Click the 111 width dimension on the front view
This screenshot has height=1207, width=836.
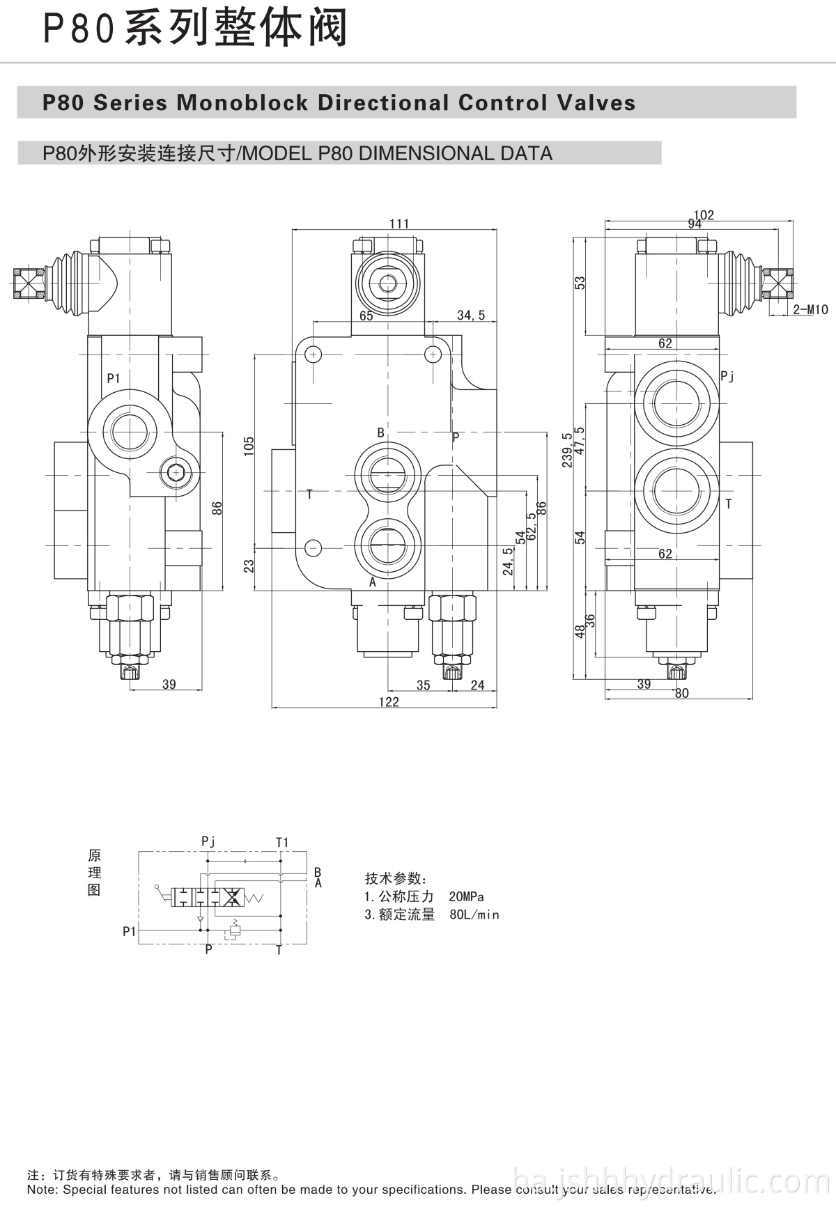pos(399,224)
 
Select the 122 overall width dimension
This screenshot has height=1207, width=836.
pos(389,701)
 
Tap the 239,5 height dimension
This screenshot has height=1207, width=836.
pos(568,449)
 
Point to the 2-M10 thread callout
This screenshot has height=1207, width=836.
pos(810,310)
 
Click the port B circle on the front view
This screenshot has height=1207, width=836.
pos(388,474)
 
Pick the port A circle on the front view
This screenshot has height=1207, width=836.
pos(388,545)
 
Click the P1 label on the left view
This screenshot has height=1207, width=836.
pos(114,378)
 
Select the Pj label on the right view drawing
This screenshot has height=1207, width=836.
pos(727,377)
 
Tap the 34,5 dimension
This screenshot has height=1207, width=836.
pos(471,316)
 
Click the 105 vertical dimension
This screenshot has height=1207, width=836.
pos(249,446)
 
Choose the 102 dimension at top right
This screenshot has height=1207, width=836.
pos(704,215)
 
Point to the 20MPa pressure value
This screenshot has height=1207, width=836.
pos(466,896)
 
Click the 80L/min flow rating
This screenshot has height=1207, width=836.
pos(474,914)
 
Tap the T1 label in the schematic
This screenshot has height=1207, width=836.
pos(282,842)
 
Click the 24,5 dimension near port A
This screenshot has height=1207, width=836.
pos(509,561)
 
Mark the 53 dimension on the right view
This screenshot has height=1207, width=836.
pos(580,283)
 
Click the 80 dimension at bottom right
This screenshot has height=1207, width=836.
pos(681,693)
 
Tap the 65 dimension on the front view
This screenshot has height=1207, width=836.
pos(366,316)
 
